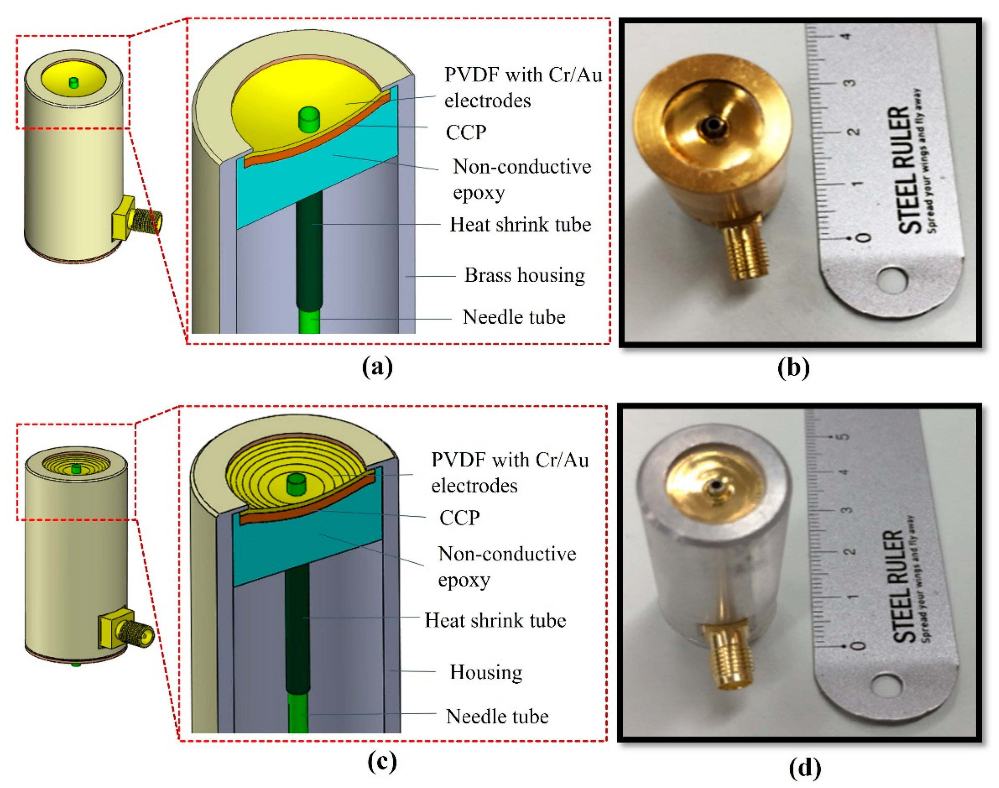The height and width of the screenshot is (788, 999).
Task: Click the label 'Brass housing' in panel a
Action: point(524,276)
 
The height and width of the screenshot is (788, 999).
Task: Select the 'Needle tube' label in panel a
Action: point(514,317)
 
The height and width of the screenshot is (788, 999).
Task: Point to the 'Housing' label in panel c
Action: point(486,672)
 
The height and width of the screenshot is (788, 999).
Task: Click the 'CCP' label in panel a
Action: point(466,133)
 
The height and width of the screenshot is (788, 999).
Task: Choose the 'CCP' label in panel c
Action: point(459,518)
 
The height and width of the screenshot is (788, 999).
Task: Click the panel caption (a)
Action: point(377,368)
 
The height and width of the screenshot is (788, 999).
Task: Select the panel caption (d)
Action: point(805,768)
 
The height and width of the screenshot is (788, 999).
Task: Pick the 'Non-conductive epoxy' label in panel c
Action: point(506,567)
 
